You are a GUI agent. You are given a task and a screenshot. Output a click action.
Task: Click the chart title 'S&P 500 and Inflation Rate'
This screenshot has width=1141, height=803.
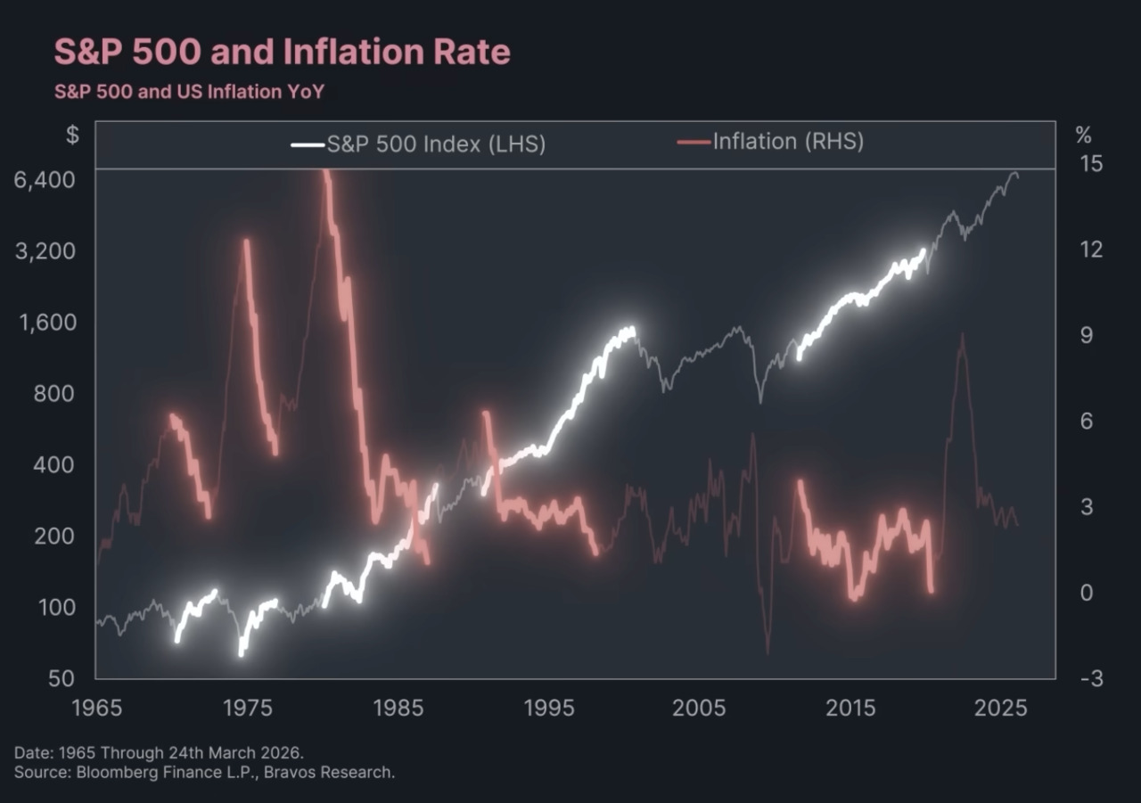coord(282,52)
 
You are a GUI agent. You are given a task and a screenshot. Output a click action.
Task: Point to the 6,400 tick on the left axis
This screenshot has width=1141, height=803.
coord(43,179)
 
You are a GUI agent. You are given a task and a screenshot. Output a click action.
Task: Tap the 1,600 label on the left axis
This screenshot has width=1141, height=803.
coord(44,322)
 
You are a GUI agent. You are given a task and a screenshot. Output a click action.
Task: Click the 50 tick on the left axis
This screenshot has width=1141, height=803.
coord(60,678)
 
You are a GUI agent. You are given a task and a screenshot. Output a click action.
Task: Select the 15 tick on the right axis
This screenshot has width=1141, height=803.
coord(1091,164)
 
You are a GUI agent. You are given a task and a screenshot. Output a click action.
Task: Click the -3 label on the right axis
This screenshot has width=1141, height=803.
coord(1089,678)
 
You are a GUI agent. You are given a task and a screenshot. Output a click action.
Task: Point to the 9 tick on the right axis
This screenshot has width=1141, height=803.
coord(1086,335)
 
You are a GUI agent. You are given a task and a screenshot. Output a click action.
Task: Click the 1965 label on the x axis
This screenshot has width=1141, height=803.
coord(96,709)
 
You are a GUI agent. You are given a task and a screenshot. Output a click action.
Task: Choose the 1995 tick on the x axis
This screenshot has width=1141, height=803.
coord(549,709)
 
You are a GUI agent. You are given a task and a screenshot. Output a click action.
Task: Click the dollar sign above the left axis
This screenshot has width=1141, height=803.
coord(72,135)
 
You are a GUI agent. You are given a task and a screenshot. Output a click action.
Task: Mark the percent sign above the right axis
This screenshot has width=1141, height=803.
coord(1083,135)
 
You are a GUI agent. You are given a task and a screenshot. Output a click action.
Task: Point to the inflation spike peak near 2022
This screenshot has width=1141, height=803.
coord(961,335)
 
